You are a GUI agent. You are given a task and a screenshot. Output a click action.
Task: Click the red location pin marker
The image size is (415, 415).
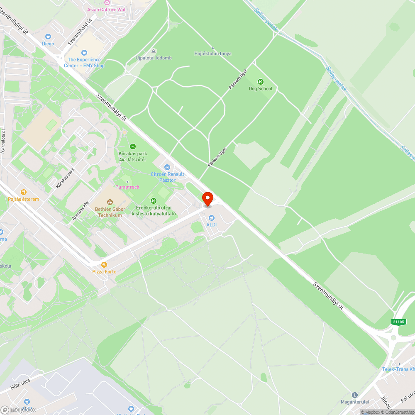tap(207, 198)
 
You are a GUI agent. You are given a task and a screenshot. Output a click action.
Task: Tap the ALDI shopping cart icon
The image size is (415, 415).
tap(212, 217)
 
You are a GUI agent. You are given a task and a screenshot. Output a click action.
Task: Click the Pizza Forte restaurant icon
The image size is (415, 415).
tap(104, 264)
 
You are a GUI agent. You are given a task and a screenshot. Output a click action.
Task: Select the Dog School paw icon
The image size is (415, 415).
tap(261, 81)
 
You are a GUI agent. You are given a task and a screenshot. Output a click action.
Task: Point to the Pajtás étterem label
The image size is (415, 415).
tap(24, 199)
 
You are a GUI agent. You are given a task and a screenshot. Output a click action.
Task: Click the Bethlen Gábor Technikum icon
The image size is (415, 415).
tap(110, 202)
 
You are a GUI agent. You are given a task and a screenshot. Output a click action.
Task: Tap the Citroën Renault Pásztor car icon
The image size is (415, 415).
tap(167, 167)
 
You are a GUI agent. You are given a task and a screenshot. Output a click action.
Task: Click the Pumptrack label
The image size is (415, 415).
tap(127, 187)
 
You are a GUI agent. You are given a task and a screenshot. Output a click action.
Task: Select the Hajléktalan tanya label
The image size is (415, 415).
tap(213, 54)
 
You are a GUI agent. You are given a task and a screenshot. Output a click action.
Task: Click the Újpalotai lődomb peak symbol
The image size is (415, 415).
tap(154, 51)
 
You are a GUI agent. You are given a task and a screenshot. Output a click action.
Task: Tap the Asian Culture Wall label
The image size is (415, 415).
tap(107, 10)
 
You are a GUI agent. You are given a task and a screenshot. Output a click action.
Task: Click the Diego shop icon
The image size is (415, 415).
tap(48, 37)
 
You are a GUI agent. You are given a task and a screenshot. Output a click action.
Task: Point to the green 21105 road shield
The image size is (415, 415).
tap(398, 322)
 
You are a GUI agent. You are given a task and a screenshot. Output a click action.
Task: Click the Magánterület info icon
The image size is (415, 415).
tap(354, 395)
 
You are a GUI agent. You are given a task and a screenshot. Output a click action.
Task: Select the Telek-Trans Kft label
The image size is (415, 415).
tap(398, 369)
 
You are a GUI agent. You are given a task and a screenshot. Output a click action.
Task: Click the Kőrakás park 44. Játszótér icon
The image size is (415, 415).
tap(133, 146)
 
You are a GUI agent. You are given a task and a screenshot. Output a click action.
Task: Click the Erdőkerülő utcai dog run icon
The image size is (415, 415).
tap(153, 201)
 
